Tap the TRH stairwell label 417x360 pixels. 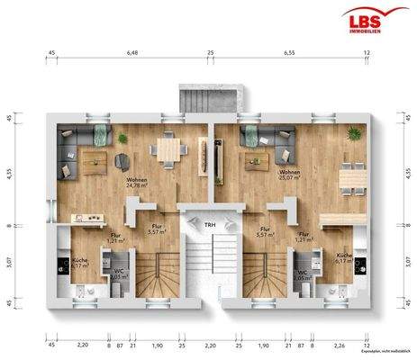tap(209, 224)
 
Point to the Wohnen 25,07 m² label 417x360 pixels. tap(290, 175)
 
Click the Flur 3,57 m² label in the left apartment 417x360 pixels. tap(157, 229)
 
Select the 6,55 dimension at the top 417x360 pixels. tap(290, 53)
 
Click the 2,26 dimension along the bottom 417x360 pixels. tap(339, 346)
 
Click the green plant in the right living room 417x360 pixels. tap(355, 133)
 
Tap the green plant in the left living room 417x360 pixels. tap(122, 138)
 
